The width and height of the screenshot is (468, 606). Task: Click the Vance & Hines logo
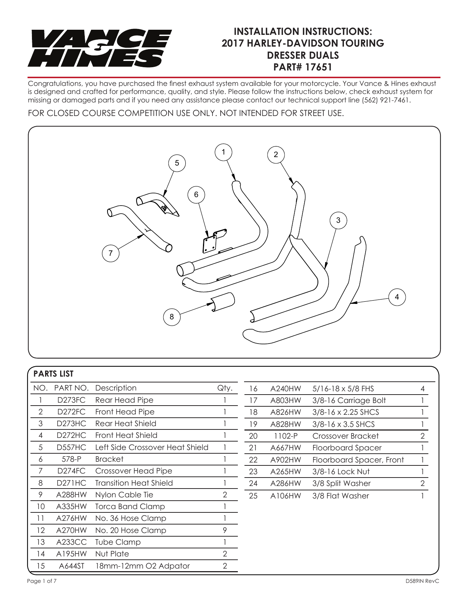click(99, 48)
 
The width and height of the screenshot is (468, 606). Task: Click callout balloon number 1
click(223, 152)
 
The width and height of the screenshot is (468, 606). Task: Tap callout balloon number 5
click(177, 163)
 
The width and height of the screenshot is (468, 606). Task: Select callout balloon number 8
click(172, 316)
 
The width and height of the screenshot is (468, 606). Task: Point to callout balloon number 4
click(397, 297)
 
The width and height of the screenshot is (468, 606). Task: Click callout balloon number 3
click(338, 220)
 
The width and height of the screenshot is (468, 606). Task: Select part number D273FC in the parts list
click(71, 400)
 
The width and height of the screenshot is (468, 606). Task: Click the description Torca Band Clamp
click(130, 507)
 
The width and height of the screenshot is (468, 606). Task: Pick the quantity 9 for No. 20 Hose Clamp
click(225, 530)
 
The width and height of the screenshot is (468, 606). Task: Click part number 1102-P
click(286, 436)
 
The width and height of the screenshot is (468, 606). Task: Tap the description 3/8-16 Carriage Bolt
click(349, 400)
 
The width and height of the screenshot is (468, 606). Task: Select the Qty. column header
click(225, 388)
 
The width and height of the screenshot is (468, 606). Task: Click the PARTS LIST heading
click(54, 374)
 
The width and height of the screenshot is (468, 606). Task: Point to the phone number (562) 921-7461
click(386, 100)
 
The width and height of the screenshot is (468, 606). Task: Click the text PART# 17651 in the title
click(303, 67)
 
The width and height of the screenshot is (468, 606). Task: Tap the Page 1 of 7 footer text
click(42, 581)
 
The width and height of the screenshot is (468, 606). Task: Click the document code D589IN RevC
click(422, 581)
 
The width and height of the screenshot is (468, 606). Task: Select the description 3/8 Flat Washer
click(341, 496)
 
